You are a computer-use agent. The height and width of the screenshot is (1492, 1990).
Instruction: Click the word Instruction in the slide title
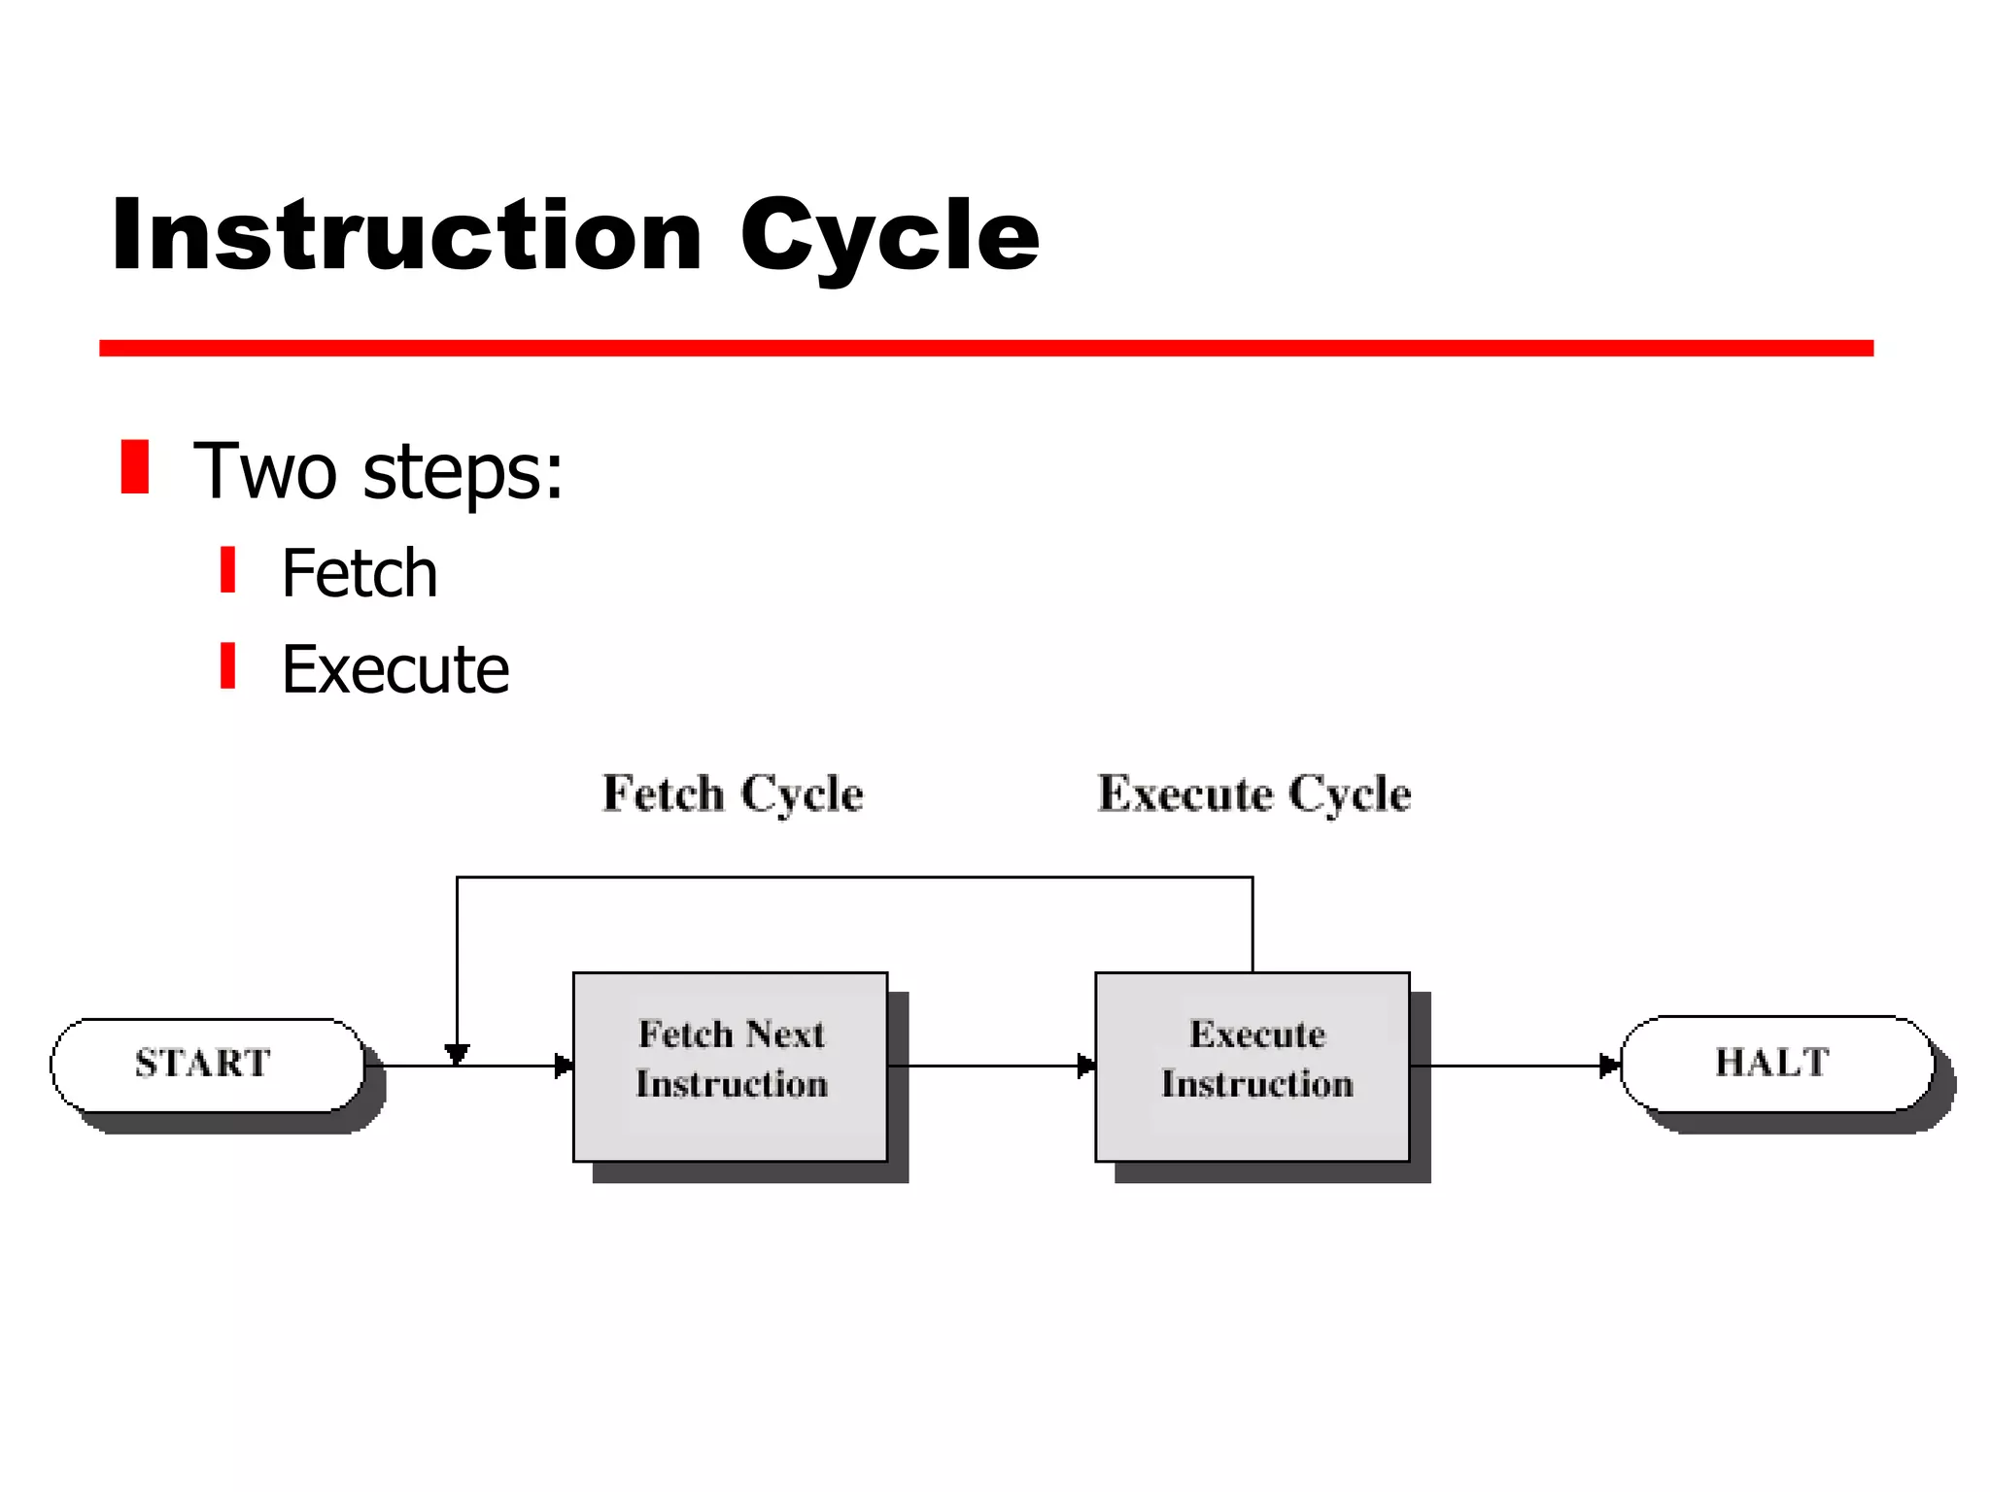click(x=406, y=236)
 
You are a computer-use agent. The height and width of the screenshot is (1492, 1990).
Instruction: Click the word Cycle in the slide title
click(x=888, y=236)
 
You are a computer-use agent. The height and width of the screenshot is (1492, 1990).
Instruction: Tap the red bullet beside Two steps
click(x=135, y=467)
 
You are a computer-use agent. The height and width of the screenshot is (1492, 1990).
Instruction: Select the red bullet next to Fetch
click(x=227, y=570)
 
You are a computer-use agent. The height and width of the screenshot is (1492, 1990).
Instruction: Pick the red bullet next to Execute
click(x=227, y=666)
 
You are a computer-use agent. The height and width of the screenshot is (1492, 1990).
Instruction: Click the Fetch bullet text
click(x=360, y=573)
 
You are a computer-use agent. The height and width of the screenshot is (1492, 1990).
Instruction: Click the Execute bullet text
click(x=395, y=670)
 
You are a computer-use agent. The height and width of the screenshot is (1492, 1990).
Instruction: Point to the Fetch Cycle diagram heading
click(x=733, y=794)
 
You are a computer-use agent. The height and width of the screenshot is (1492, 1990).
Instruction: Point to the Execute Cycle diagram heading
click(x=1254, y=794)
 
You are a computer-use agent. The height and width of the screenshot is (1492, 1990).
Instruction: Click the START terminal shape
click(x=206, y=1065)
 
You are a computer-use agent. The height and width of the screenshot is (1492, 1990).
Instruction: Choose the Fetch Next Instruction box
click(x=730, y=1067)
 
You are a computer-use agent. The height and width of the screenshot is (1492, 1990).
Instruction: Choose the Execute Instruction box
click(x=1252, y=1067)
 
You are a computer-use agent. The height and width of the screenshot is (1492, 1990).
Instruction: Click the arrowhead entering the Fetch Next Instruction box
click(x=564, y=1066)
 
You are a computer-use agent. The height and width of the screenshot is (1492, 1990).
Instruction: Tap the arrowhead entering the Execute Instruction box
click(x=1086, y=1066)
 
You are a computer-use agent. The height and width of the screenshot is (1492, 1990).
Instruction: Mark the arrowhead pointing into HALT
click(x=1609, y=1066)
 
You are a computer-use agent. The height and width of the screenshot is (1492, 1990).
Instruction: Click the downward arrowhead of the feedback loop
click(x=457, y=1053)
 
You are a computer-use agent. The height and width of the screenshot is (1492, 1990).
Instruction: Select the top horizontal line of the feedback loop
click(x=855, y=877)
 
